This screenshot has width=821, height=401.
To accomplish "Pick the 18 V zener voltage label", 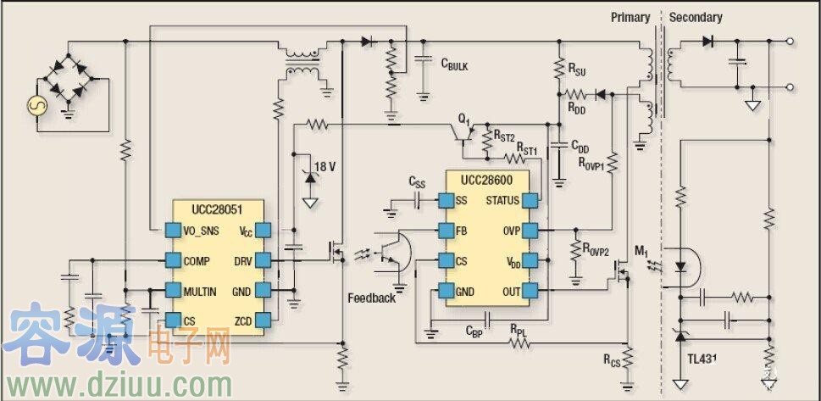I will click(325, 167).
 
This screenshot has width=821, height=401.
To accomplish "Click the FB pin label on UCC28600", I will click(462, 231).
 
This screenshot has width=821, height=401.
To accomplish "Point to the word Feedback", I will click(371, 298).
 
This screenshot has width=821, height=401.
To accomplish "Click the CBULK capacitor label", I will click(454, 64).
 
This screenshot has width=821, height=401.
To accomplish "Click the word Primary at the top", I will click(630, 17).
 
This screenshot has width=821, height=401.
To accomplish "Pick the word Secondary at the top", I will click(696, 17).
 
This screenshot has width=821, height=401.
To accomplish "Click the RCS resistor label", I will click(612, 361).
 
